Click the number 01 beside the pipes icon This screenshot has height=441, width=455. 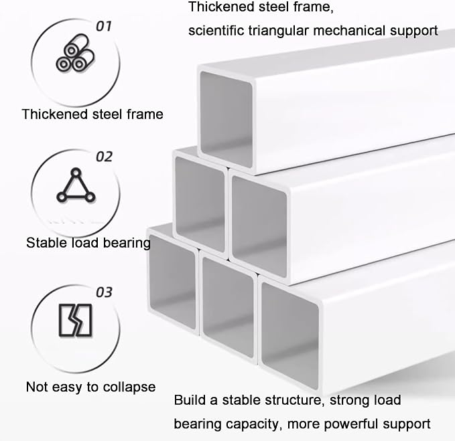pos(104,26)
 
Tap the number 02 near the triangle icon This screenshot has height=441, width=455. pos(104,157)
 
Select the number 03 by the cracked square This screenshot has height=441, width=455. pos(104,292)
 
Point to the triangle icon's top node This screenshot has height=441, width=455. pos(76,173)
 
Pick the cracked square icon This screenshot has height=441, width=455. pos(76,320)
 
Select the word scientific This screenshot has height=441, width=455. pos(216,30)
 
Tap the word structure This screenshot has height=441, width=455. pos(295,400)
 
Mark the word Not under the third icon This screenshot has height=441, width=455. pos(37,387)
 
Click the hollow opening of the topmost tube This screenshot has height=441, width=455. pos(226,119)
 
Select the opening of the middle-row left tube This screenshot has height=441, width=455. pos(200,204)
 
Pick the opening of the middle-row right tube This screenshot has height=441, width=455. pos(259,226)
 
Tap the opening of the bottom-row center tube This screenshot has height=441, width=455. pos(228,307)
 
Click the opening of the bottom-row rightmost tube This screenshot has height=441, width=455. pos(290,335)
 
